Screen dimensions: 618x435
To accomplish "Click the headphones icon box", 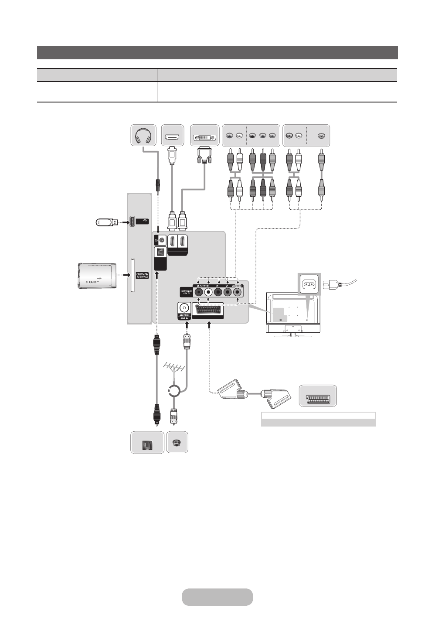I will pos(143,136).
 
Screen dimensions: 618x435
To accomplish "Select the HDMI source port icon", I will pos(173,136).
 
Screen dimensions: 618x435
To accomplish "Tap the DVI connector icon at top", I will pos(204,136).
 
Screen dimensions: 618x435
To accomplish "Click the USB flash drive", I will pos(106,222).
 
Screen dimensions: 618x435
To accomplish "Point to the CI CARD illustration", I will pos(96,276).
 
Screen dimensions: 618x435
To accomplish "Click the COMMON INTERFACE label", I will pos(142,276).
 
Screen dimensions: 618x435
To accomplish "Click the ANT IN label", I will pos(184,318).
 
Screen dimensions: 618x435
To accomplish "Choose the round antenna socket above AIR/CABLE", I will pos(184,307).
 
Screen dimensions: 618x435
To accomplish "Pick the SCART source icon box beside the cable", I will pos(318,396).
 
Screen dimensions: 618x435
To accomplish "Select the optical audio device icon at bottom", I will pos(148,443).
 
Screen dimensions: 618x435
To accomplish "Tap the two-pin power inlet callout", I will pos(309,284).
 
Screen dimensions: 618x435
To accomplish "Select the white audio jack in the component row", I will pos(208,292).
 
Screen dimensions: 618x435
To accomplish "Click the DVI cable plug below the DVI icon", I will pos(204,154).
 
